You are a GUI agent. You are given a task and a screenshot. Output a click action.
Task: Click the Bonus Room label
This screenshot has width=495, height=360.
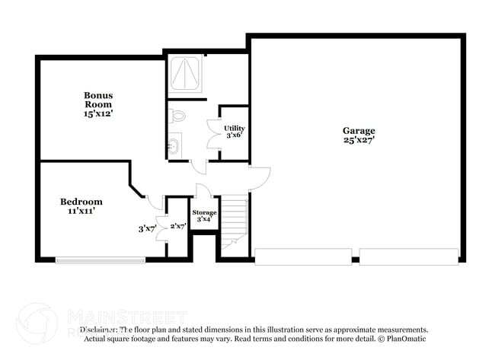click(98, 100)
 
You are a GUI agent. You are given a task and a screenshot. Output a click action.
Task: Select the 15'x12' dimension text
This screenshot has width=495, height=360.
click(98, 113)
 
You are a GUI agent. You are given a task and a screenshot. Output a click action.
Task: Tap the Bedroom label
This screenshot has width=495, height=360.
click(81, 202)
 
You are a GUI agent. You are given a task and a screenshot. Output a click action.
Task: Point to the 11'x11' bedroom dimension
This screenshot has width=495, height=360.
click(81, 211)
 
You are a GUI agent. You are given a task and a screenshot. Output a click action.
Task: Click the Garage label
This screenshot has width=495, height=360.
click(358, 130)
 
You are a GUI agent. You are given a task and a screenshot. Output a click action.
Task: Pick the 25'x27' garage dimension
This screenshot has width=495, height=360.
click(358, 140)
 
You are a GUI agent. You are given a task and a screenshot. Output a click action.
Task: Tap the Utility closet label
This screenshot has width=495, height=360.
click(234, 128)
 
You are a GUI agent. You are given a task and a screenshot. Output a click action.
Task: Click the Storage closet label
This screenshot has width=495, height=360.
click(204, 212)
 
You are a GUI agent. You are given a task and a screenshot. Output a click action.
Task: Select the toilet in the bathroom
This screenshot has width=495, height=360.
click(177, 116)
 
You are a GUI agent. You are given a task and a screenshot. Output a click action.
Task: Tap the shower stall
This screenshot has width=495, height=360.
click(184, 74)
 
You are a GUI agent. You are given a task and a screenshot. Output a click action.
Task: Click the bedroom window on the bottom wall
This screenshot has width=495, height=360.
click(100, 260)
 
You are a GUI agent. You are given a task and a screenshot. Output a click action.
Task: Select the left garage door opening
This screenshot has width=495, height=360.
click(303, 256)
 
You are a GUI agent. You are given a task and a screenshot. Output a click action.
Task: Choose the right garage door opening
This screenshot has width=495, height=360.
click(408, 256)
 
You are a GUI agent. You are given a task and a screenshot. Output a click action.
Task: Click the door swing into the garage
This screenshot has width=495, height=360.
click(260, 177)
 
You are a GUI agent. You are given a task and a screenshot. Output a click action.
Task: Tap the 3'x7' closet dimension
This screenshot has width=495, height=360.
click(146, 228)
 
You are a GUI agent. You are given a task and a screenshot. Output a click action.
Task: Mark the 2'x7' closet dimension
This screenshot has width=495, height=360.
click(177, 226)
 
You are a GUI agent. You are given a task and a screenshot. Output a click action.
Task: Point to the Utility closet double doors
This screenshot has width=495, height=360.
click(212, 133)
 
